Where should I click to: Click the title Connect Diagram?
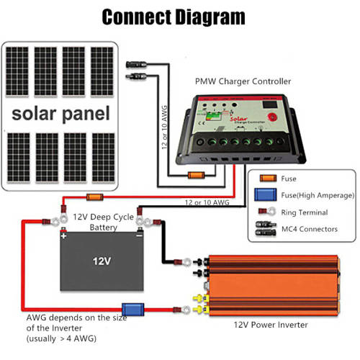pyautogui.click(x=173, y=17)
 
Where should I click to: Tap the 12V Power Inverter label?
pyautogui.click(x=270, y=325)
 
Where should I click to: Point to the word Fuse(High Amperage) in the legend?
pyautogui.click(x=317, y=195)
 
